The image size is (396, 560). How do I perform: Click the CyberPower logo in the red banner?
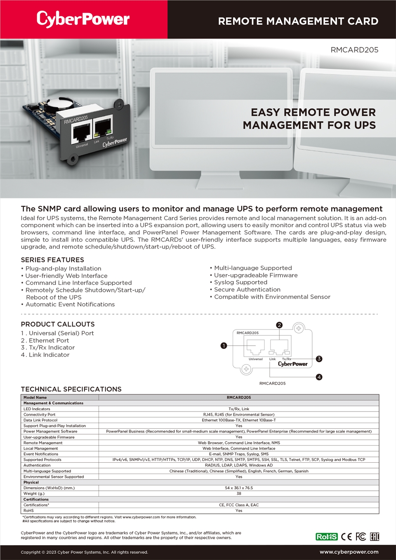(x=83, y=19)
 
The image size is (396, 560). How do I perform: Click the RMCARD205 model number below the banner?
(x=354, y=50)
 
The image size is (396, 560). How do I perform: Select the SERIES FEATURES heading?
(x=52, y=260)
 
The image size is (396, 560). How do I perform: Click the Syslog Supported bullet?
(x=240, y=282)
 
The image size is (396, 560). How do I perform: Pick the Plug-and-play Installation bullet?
(x=63, y=268)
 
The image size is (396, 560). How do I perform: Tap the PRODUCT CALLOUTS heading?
(x=58, y=324)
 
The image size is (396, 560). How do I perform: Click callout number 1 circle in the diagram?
(x=224, y=346)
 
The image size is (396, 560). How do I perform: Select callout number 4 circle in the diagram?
(x=319, y=377)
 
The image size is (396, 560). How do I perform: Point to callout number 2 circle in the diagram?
(x=279, y=325)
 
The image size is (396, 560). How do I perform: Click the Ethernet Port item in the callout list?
(x=49, y=341)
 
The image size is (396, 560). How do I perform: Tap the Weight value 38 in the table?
(x=239, y=494)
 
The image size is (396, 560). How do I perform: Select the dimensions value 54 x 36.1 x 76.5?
(x=239, y=488)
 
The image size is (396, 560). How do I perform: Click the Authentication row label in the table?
(x=37, y=465)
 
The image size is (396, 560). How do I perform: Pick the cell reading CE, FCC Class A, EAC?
(x=239, y=505)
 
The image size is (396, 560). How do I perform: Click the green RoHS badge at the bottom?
(x=326, y=536)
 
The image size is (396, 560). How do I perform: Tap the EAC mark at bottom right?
(x=374, y=536)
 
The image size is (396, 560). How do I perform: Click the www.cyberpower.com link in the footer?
(x=349, y=552)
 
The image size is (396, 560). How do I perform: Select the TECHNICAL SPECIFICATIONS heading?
(x=71, y=389)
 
